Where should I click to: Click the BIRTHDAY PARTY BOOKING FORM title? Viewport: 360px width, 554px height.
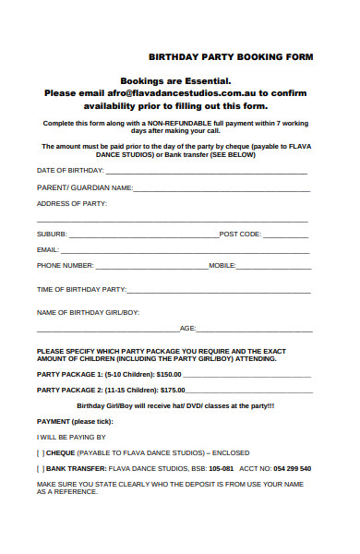231,57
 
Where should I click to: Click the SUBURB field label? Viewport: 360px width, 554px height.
52,235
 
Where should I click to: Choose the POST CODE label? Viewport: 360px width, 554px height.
240,235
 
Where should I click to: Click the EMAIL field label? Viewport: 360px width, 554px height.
48,250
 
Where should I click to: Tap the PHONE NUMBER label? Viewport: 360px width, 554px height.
65,266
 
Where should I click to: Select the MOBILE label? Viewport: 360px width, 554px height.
222,266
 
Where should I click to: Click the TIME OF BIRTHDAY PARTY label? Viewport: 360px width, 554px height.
80,290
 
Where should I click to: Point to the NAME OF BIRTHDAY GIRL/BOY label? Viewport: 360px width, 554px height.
88,313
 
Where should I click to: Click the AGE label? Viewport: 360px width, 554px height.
187,330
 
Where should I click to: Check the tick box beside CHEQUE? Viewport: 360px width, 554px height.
41,453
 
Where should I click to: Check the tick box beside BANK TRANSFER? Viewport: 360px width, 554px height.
41,469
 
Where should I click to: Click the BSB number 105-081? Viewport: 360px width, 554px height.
221,469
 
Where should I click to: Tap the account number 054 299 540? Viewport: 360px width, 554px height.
292,469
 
